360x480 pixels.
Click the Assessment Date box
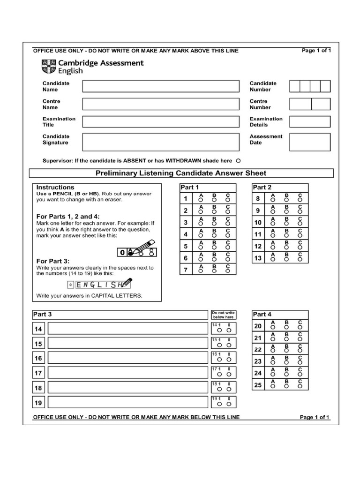(309, 140)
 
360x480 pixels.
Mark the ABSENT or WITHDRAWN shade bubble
(238, 160)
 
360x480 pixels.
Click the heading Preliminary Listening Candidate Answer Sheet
(180, 173)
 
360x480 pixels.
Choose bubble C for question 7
(228, 271)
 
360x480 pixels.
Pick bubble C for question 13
(300, 259)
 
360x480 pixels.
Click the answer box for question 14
(127, 328)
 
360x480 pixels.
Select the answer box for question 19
(127, 402)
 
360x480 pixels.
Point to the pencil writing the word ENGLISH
(126, 284)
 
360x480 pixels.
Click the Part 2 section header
(262, 187)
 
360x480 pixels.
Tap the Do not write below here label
(223, 314)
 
